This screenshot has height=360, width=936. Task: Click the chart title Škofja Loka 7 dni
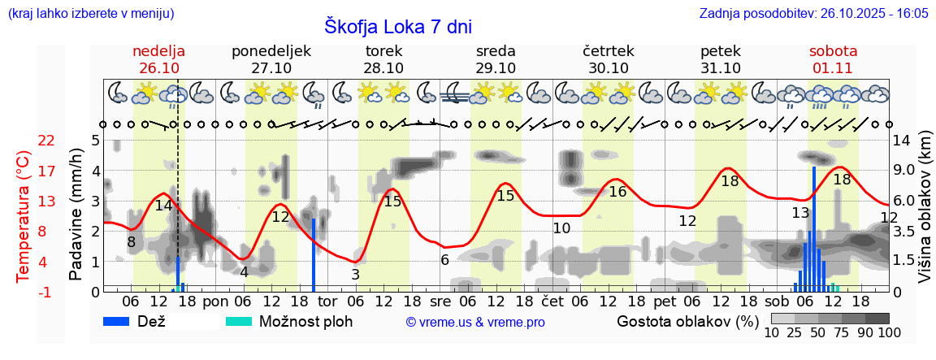point(397,26)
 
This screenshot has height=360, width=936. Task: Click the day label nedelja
point(159,51)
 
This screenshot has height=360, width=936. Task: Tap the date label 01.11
point(833,68)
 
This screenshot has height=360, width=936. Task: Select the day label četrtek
point(609,51)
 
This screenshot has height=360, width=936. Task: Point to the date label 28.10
point(383,68)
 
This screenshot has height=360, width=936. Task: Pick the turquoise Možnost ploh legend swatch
point(239,321)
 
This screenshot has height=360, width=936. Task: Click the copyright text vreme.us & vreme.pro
point(475,323)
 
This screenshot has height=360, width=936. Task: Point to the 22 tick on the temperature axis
point(46,141)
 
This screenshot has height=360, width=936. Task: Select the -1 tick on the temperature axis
point(46,292)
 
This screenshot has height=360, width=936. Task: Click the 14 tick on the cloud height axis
point(903,141)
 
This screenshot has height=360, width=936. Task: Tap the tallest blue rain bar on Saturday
point(813,228)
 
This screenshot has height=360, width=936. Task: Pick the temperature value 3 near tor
point(355,275)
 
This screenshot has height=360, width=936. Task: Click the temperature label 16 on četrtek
point(617,192)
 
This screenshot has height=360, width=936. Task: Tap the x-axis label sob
point(773,301)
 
